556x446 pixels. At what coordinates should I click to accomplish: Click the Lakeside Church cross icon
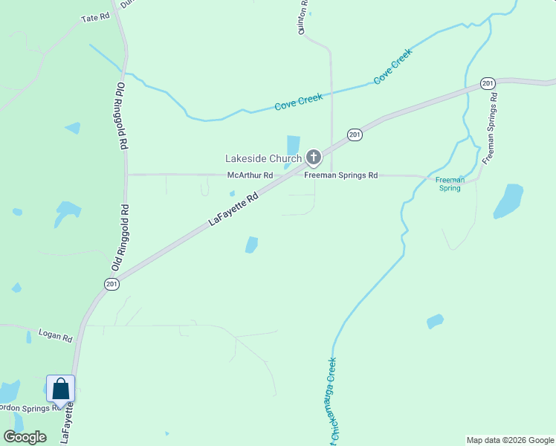coord(314,158)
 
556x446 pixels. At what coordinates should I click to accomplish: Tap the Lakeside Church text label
coord(264,158)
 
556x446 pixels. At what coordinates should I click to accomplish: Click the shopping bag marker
coord(60,389)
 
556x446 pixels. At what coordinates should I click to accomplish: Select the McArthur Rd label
coord(250,175)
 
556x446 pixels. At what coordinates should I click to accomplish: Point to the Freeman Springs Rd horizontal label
coord(341,175)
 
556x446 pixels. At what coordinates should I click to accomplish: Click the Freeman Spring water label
coord(449,184)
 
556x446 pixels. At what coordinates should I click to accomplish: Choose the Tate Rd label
coord(94,17)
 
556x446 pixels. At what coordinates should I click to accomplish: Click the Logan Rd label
coord(55,335)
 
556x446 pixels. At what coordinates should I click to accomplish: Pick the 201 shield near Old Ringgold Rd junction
coord(111,284)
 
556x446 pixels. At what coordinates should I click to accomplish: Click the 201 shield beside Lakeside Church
coord(354,135)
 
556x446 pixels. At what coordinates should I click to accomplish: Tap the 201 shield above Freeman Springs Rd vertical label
coord(488,83)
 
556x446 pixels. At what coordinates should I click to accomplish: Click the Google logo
coord(25,437)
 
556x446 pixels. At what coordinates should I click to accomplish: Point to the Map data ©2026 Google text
coord(510,440)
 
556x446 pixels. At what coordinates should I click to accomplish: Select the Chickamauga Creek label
coord(332,401)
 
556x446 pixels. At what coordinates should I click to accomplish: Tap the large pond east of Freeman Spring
coord(508,201)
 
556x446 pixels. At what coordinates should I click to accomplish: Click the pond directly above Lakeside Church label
coord(293,144)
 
